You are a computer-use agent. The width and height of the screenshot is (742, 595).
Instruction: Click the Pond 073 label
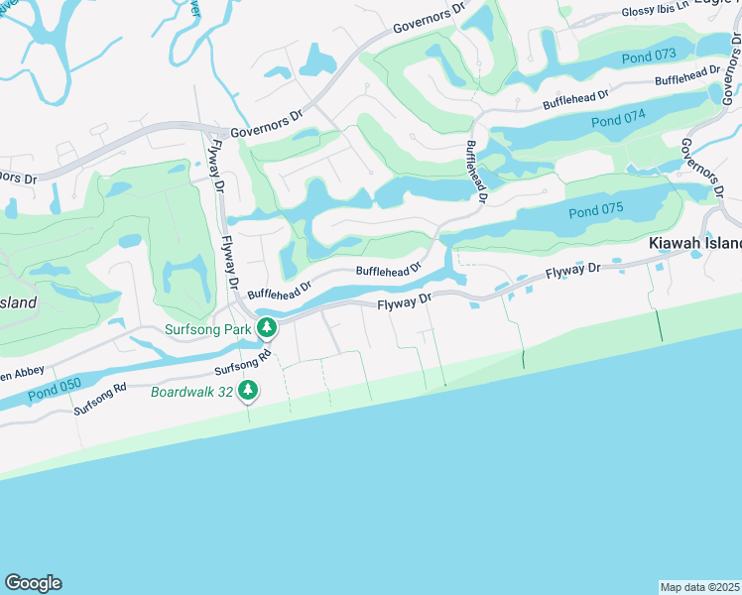click(x=649, y=58)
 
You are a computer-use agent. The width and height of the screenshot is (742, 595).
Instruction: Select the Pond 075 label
click(x=596, y=212)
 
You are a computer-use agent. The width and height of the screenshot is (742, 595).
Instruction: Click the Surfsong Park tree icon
click(x=266, y=327)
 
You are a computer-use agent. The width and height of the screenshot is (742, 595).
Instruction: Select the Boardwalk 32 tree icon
click(x=248, y=391)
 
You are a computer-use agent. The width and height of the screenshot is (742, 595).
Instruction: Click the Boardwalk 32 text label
click(x=191, y=392)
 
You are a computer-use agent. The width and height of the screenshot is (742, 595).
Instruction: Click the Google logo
click(x=33, y=583)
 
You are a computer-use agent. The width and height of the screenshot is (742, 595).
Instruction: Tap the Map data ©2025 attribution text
click(x=700, y=587)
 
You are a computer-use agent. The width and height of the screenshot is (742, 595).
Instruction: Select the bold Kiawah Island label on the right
click(x=694, y=243)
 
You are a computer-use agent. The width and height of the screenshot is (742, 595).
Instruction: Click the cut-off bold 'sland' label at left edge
click(x=18, y=302)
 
